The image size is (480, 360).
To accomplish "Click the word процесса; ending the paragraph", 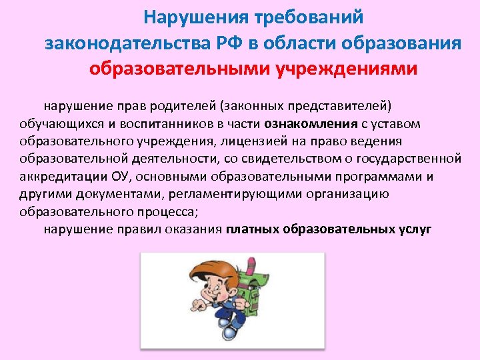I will point(170,212).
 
